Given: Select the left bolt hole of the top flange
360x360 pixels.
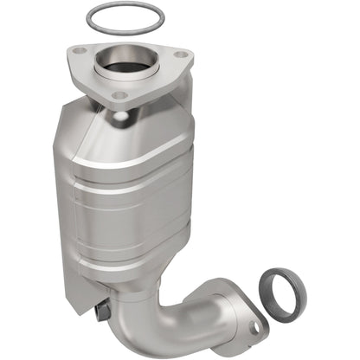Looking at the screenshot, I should coord(80,52).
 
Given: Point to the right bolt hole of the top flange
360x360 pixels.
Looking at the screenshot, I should coord(180,58).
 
